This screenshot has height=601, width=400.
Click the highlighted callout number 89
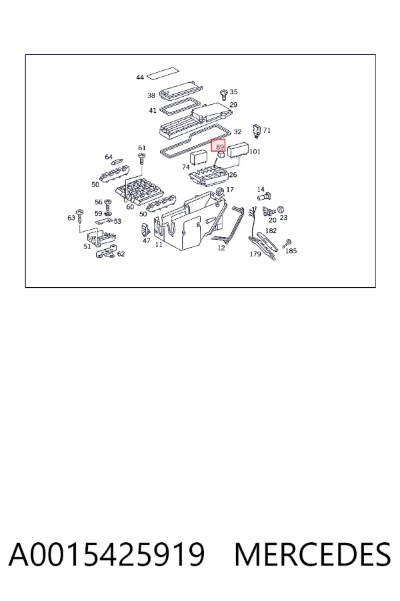pyautogui.click(x=220, y=147)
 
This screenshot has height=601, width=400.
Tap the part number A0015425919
pyautogui.click(x=107, y=555)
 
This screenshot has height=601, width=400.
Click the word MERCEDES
pyautogui.click(x=313, y=555)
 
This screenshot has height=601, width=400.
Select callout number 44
pyautogui.click(x=140, y=77)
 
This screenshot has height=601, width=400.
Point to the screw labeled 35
pyautogui.click(x=224, y=94)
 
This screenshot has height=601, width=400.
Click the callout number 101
pyautogui.click(x=255, y=152)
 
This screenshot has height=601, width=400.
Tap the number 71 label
pyautogui.click(x=267, y=130)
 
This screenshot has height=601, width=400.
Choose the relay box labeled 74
pyautogui.click(x=199, y=158)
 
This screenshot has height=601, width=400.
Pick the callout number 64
pyautogui.click(x=109, y=157)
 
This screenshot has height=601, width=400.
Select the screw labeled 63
pyautogui.click(x=80, y=216)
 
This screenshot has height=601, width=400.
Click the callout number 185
pyautogui.click(x=291, y=250)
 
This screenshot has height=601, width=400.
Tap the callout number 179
pyautogui.click(x=255, y=254)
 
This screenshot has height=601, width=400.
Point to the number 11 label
pyautogui.click(x=159, y=244)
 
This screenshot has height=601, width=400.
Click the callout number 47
pyautogui.click(x=146, y=240)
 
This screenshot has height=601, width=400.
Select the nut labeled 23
pyautogui.click(x=281, y=209)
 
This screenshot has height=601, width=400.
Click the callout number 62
pyautogui.click(x=121, y=254)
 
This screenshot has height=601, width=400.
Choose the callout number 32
pyautogui.click(x=237, y=132)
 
